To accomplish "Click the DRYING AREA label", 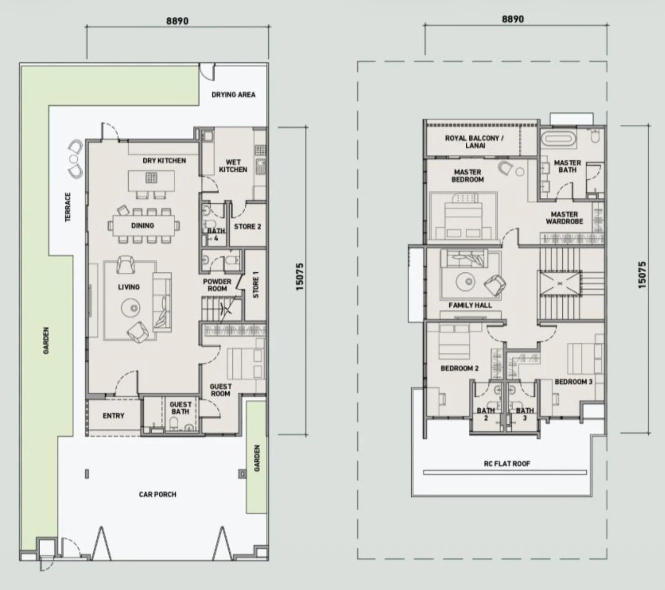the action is coord(233,95).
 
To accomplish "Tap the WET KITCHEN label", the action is coord(233,166).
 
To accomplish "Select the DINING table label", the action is coord(142,225).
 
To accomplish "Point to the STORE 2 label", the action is coord(247,227).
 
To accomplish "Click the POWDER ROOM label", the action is coord(217,285).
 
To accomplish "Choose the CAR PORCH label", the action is coord(157,494).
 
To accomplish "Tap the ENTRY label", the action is coord(114,416).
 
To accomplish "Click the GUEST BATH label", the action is coord(181,408).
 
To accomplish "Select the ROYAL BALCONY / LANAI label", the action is coord(474,142).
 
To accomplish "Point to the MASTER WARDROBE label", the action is coord(564,218).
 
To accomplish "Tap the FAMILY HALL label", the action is coord(470,305).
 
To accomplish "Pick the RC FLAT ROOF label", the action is coord(507,464).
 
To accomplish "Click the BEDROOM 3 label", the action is coord(574,382).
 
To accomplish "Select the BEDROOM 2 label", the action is coord(459,368).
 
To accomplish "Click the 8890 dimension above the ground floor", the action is coord(177,21).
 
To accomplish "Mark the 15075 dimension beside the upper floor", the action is coord(642,275).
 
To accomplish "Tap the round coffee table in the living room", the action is coord(131,308).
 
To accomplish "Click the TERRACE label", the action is coord(68,207).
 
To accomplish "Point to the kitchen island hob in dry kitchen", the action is coord(151,178).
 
